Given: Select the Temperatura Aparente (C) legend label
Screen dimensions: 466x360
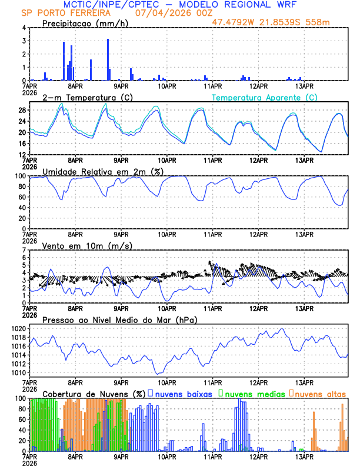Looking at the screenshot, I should point(264,97).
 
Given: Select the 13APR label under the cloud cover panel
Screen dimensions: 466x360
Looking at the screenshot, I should point(304,456).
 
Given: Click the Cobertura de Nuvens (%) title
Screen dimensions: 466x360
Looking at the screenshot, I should point(93,394).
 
